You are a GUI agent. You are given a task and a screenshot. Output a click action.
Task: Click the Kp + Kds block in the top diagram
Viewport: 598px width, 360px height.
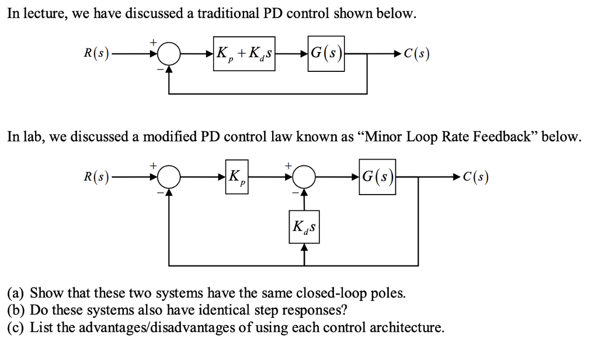pos(244,56)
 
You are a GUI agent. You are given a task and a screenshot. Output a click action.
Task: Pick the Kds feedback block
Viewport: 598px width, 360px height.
pos(304,228)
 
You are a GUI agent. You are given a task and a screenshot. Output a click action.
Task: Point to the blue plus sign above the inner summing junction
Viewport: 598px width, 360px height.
pos(288,165)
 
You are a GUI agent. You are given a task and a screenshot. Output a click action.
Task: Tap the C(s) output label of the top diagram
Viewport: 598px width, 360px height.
pos(416,56)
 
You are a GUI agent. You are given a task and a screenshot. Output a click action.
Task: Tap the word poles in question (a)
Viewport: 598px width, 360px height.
pos(389,292)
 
